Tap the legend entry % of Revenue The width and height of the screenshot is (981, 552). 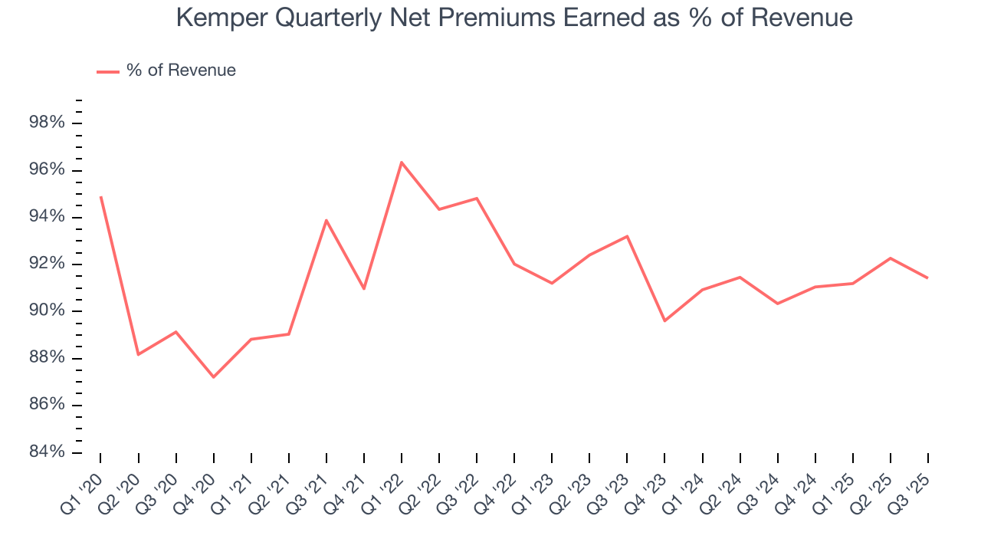tap(181, 71)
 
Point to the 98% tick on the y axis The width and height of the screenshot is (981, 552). tap(46, 123)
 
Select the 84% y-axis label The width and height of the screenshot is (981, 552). tap(46, 452)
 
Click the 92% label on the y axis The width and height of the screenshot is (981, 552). tap(46, 264)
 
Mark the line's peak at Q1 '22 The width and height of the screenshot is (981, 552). tap(402, 162)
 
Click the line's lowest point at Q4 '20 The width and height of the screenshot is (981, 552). tap(213, 377)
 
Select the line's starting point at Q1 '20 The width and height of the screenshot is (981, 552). tap(100, 197)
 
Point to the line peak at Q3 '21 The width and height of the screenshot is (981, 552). tap(326, 220)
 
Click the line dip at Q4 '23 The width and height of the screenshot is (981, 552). tap(664, 320)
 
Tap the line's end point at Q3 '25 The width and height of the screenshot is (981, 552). tap(927, 278)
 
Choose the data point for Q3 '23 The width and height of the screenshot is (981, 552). tap(627, 236)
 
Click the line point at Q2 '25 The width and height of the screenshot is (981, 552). tap(890, 258)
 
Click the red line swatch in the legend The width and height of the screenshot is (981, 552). tap(107, 71)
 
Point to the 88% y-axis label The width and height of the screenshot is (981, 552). tap(46, 358)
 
